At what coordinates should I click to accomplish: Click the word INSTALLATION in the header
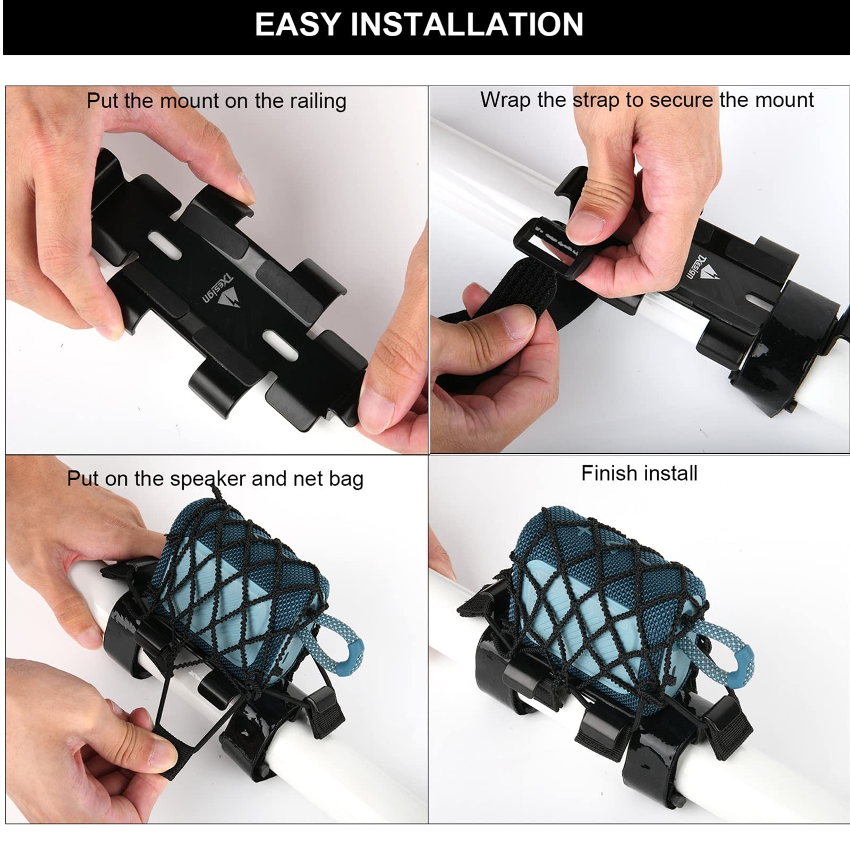click(466, 24)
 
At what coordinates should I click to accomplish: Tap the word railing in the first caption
click(318, 100)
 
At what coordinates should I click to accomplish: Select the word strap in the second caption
click(596, 100)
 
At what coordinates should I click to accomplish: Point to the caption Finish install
click(639, 473)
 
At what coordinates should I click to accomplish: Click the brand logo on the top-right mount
click(704, 268)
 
